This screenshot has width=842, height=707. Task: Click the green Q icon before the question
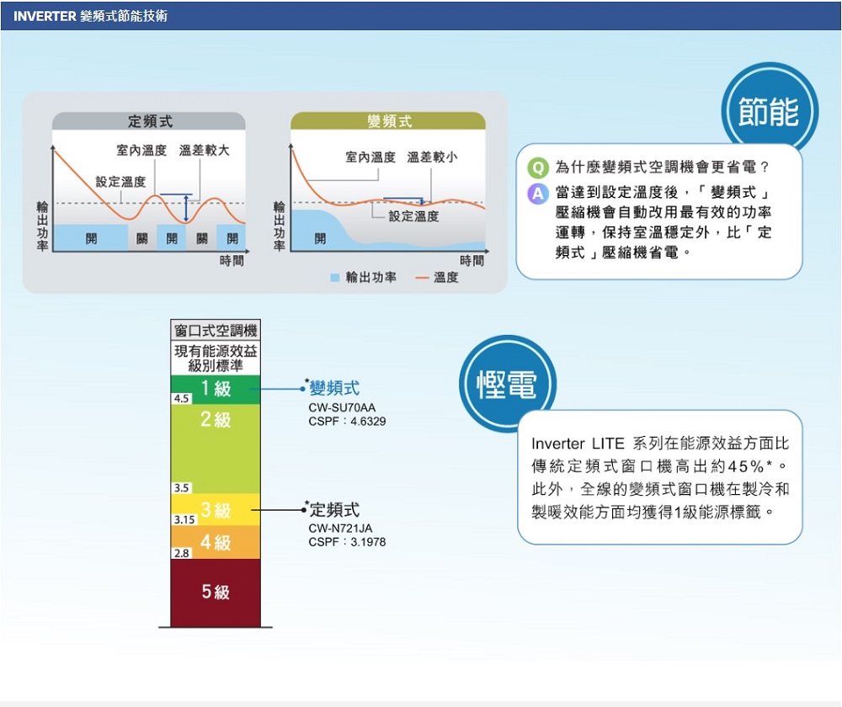tap(537, 167)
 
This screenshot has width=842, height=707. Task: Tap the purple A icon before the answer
tap(537, 193)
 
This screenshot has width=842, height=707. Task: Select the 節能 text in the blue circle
tap(769, 112)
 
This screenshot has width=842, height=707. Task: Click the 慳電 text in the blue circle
tap(507, 385)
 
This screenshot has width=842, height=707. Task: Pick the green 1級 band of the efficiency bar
tap(216, 389)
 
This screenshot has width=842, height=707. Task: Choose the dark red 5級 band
tap(216, 593)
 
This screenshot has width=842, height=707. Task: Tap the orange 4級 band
tap(216, 542)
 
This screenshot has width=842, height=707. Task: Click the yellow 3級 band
tap(216, 509)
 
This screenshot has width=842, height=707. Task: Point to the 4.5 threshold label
tap(182, 398)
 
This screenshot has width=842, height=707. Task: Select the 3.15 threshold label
tap(184, 519)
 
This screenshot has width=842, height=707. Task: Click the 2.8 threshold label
tap(182, 553)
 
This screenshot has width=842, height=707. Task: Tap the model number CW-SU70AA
tap(342, 407)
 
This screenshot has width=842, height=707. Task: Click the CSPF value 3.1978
tap(368, 542)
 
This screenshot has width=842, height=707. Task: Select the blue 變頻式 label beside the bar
tap(334, 388)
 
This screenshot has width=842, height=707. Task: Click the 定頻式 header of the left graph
tap(150, 121)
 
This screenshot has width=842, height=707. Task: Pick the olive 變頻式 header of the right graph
tap(389, 121)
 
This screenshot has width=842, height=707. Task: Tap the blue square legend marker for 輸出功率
tap(334, 278)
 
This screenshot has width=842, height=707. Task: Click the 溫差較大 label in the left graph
tap(204, 151)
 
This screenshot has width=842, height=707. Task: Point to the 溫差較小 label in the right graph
tap(432, 157)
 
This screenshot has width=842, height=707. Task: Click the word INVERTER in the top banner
tap(45, 16)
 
